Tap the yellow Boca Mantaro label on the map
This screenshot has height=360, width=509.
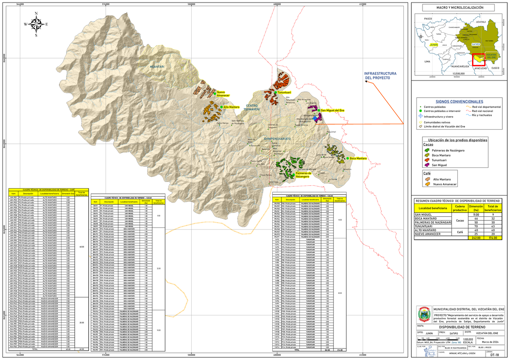pyautogui.click(x=358, y=158)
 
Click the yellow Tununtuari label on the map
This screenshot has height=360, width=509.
pyautogui.click(x=285, y=92)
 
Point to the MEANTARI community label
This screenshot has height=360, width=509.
pyautogui.click(x=157, y=67)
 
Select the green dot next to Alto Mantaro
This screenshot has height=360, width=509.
pyautogui.click(x=221, y=107)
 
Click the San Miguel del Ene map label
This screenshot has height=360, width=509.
pyautogui.click(x=333, y=110)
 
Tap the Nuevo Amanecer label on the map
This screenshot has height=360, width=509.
pyautogui.click(x=223, y=94)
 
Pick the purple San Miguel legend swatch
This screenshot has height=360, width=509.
pyautogui.click(x=428, y=170)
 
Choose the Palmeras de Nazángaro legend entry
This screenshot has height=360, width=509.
pyautogui.click(x=448, y=151)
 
